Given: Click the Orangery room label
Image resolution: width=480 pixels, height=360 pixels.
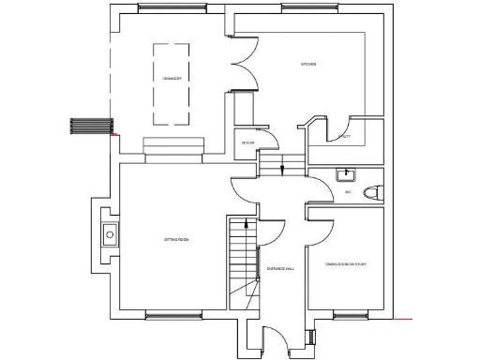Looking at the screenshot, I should point(172,78).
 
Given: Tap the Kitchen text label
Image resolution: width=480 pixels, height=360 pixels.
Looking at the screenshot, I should point(308,64).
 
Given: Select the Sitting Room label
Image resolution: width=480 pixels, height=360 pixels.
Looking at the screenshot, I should point(178,241).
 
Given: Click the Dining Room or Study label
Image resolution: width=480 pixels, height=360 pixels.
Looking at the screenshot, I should point(346,263).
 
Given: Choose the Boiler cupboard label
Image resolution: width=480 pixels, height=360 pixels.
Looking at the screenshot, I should point(248,142).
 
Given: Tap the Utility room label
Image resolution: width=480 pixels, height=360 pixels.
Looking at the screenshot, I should point(344,138).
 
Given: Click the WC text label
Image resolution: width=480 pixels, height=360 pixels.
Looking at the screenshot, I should point(347,192).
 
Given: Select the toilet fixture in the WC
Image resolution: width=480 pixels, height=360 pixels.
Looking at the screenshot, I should point(372,193).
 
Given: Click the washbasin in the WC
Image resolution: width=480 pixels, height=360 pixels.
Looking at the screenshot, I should point(346,173).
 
